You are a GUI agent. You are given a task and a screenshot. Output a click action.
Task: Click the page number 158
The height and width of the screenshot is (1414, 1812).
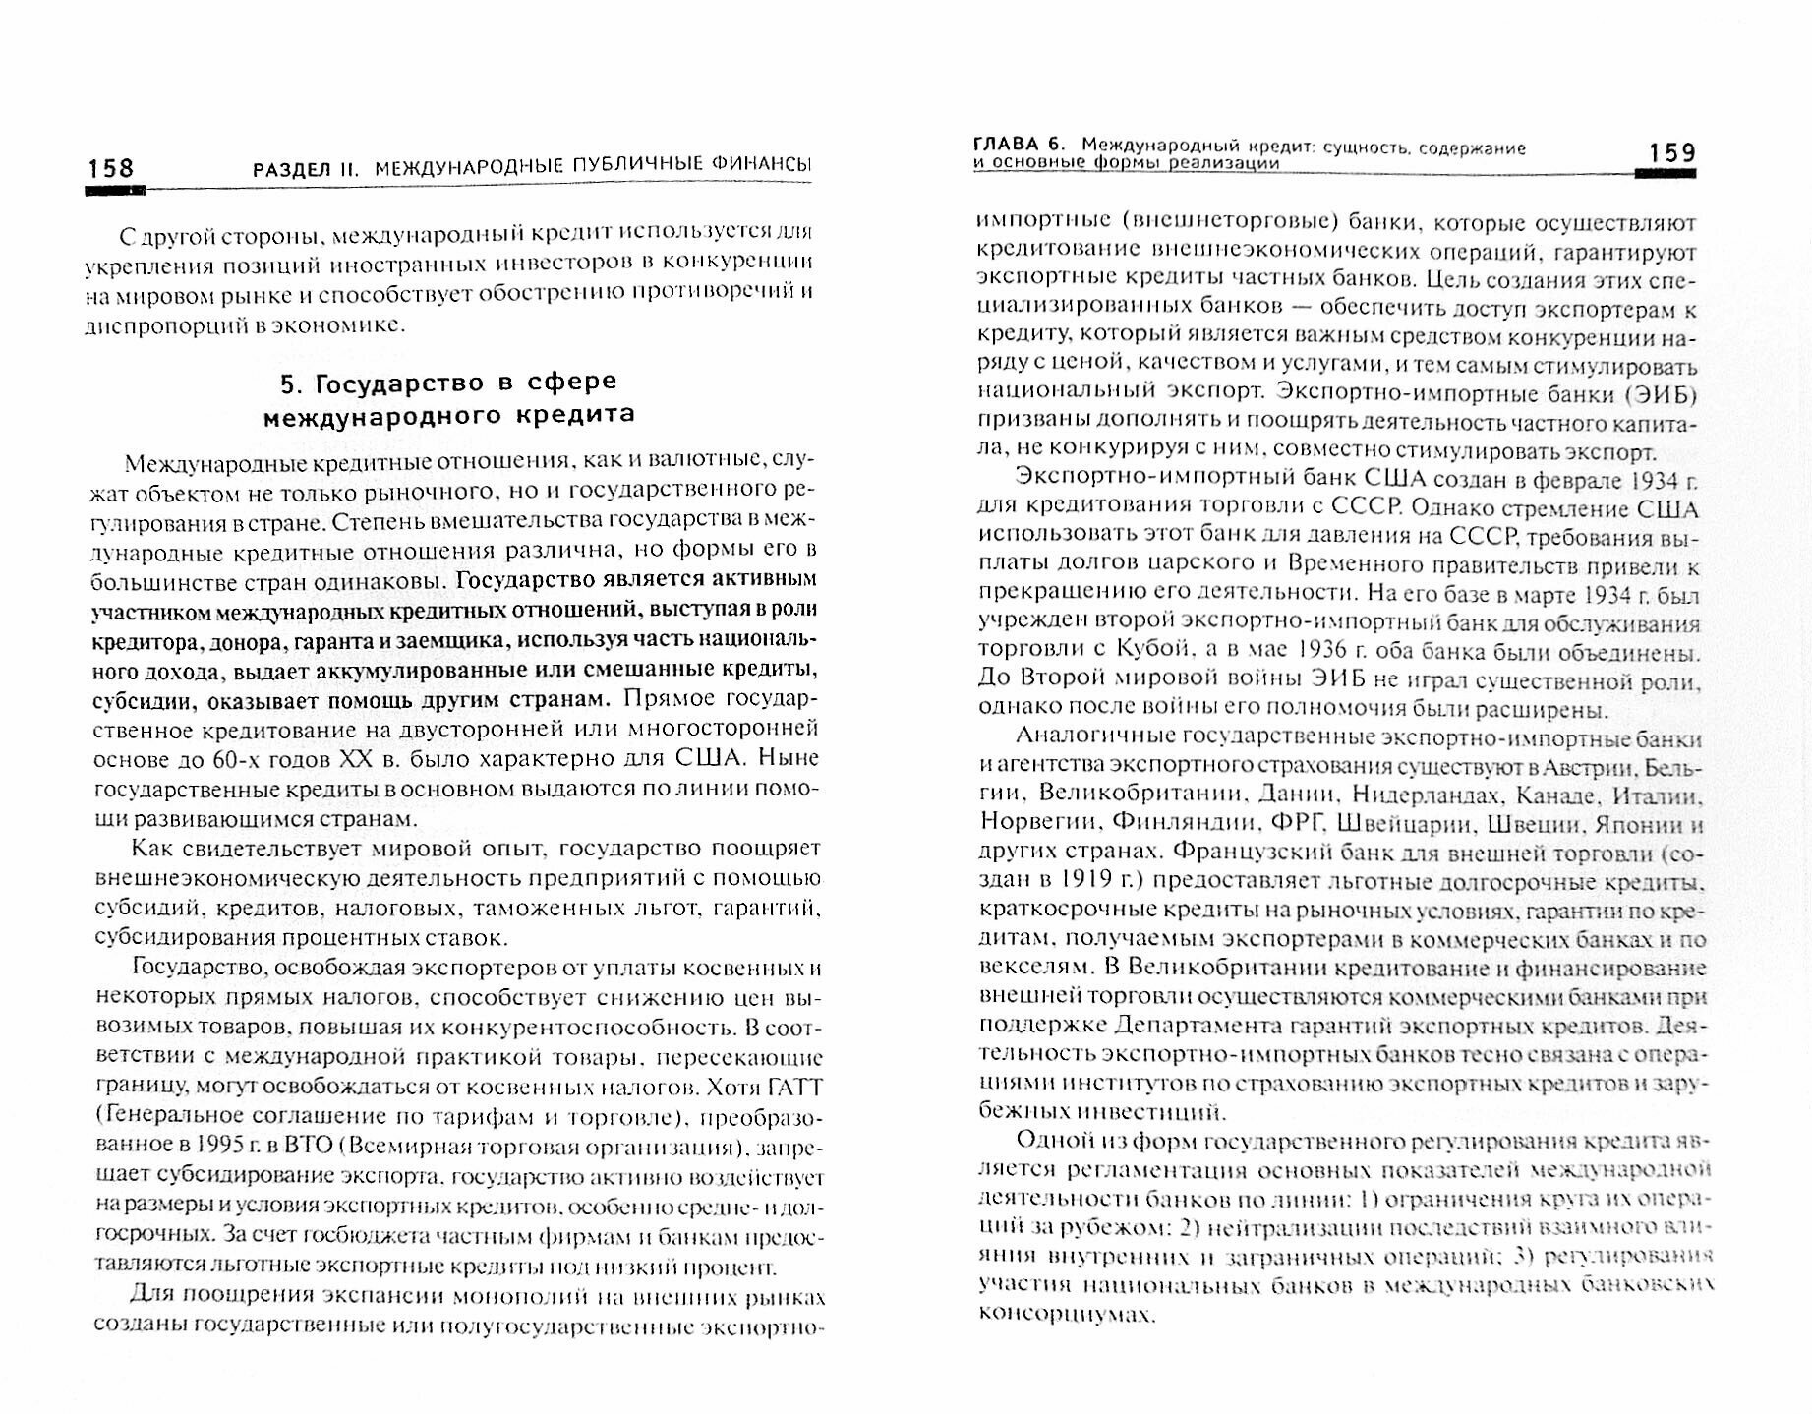[110, 168]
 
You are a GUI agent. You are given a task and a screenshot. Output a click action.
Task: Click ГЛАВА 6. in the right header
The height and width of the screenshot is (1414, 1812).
[1020, 147]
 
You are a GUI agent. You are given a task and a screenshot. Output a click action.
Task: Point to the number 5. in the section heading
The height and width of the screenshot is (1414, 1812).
[292, 382]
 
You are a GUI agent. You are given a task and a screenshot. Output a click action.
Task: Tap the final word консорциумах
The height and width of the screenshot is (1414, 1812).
[1064, 1313]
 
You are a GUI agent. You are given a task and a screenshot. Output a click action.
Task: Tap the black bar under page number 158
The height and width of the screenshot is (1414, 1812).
[115, 191]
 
